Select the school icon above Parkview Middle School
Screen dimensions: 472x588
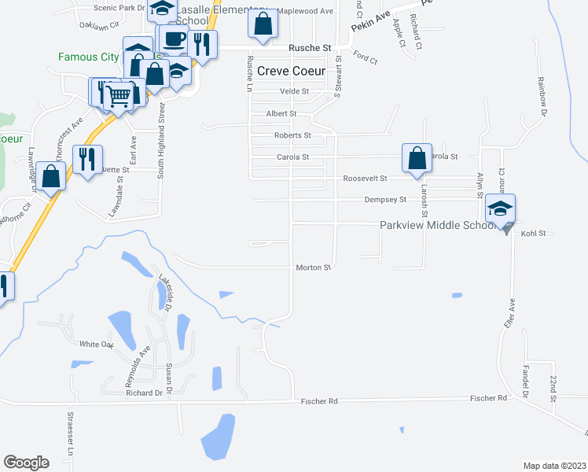click(x=500, y=210)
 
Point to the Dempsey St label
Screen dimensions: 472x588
click(x=384, y=200)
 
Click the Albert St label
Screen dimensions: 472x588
click(x=281, y=113)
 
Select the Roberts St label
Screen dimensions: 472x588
click(x=292, y=135)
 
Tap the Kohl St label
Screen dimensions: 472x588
click(x=532, y=234)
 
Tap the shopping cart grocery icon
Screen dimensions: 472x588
click(x=119, y=96)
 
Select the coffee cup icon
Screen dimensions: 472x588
click(x=174, y=39)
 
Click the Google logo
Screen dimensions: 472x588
click(x=26, y=462)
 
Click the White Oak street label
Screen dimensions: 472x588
click(x=97, y=344)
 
